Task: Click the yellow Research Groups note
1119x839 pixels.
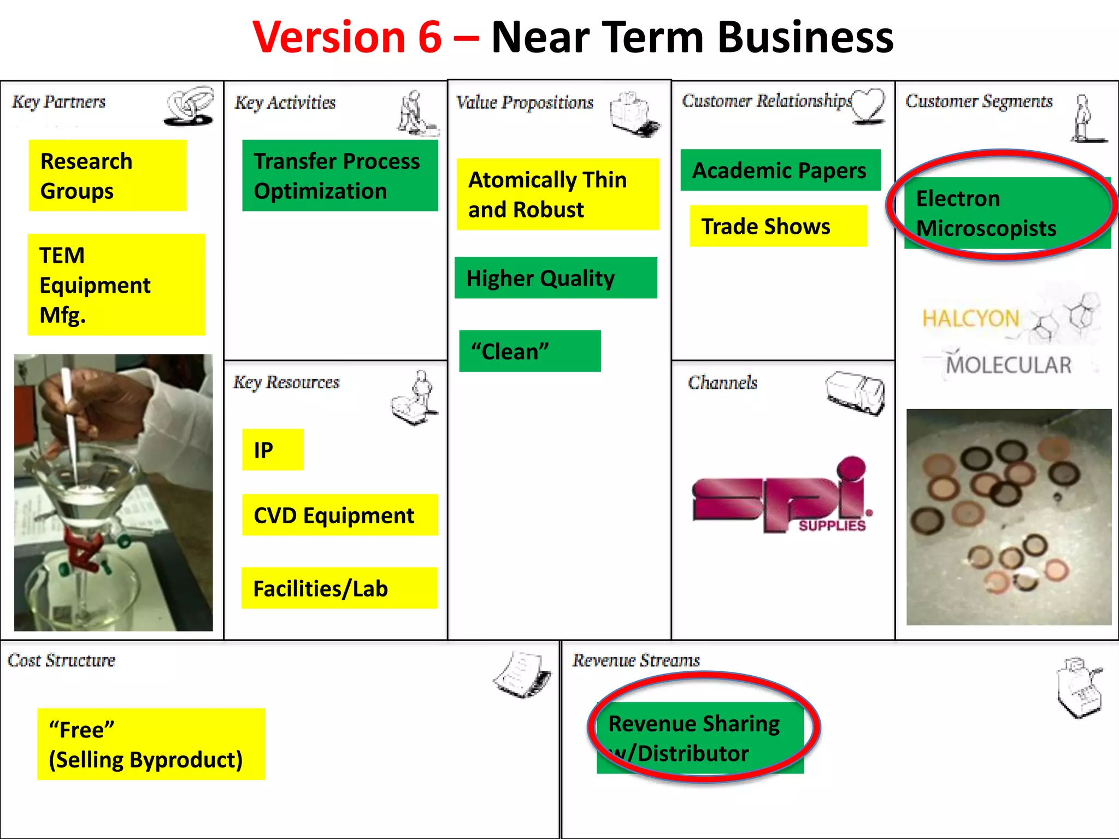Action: (108, 175)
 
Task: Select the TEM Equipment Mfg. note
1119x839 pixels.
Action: (116, 285)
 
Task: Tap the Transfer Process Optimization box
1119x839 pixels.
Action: (340, 175)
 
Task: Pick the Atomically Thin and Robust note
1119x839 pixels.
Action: (558, 194)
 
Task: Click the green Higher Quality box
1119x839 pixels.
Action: (556, 278)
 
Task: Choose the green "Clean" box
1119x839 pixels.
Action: (529, 351)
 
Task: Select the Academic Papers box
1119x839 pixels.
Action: (780, 170)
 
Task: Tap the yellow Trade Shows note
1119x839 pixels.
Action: (778, 226)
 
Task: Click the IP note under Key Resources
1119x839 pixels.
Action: (273, 450)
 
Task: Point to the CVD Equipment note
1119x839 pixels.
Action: (339, 515)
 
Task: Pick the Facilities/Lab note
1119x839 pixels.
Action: (339, 588)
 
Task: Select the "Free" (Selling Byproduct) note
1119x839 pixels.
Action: (151, 744)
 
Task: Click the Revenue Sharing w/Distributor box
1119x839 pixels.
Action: (700, 738)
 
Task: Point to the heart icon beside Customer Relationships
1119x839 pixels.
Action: (869, 105)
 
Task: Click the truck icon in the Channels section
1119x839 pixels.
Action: (855, 393)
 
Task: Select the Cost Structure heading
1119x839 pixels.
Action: (61, 660)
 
